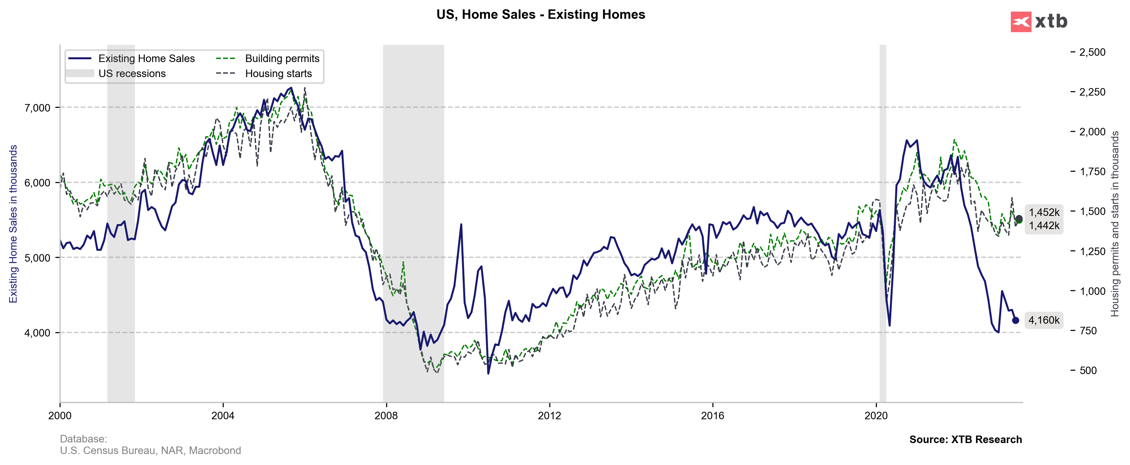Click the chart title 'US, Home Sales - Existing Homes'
tap(541, 14)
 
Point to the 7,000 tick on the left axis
tap(37, 108)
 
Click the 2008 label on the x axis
tap(386, 415)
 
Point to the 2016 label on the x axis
tap(712, 415)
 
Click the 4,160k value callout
tap(1044, 320)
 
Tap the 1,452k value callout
tap(1044, 212)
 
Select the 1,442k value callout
tap(1044, 226)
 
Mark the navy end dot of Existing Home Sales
tap(1015, 320)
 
